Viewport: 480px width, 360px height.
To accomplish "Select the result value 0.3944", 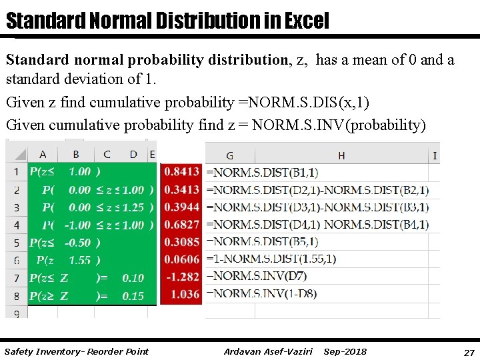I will [181, 207].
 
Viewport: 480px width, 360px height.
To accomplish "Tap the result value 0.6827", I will [181, 225].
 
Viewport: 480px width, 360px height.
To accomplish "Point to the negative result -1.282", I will [183, 277].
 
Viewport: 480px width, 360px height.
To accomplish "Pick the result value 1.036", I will [185, 294].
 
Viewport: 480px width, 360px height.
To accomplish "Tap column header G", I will [229, 155].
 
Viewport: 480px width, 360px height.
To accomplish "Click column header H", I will [341, 155].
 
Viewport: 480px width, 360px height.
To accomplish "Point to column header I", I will [435, 155].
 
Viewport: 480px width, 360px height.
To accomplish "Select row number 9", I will [16, 312].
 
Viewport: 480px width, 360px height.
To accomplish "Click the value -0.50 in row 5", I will [78, 243].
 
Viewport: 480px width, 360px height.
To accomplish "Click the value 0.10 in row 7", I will [133, 278].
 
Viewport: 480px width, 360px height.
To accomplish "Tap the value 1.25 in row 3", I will [133, 207].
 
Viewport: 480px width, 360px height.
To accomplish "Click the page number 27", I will [468, 351].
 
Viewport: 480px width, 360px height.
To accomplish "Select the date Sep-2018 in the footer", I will [345, 351].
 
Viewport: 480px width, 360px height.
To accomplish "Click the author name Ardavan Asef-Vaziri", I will [268, 351].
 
